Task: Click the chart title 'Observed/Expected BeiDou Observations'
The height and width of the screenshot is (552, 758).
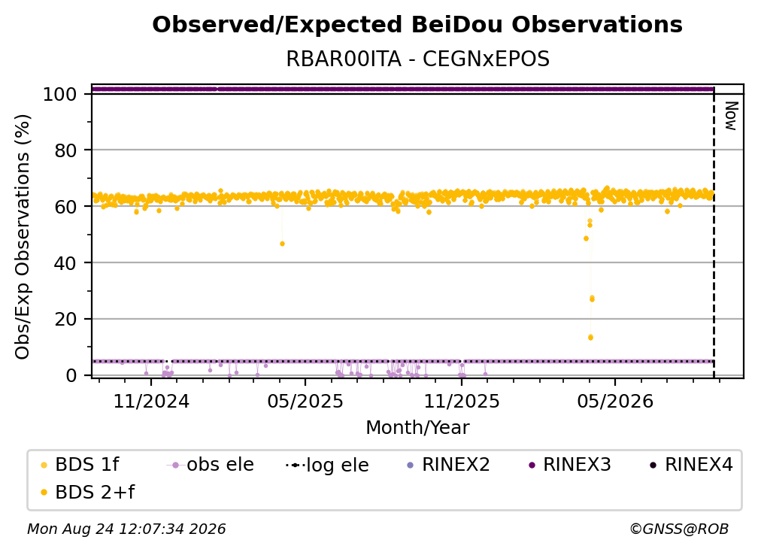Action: click(417, 25)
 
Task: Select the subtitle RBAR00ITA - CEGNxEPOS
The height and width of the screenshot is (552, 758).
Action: click(417, 59)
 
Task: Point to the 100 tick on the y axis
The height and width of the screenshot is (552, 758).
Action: click(60, 94)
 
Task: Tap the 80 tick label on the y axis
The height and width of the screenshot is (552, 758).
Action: click(65, 151)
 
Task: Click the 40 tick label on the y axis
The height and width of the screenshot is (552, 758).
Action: click(65, 263)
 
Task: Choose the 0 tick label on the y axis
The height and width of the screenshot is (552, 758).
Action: click(71, 375)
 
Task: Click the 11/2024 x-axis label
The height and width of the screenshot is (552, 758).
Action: click(151, 401)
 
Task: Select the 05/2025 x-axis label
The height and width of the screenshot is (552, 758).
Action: click(305, 401)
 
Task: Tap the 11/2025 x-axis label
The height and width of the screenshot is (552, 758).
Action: click(462, 401)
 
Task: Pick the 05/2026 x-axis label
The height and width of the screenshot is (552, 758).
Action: click(615, 401)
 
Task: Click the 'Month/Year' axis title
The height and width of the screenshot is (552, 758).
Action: click(417, 428)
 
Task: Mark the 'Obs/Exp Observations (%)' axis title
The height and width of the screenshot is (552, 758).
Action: click(23, 237)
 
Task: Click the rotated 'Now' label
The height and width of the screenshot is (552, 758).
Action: click(730, 116)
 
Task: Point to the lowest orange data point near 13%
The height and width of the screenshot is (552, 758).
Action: click(590, 338)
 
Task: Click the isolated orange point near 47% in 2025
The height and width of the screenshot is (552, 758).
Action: click(282, 244)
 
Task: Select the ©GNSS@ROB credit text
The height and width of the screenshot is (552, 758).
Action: click(679, 529)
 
